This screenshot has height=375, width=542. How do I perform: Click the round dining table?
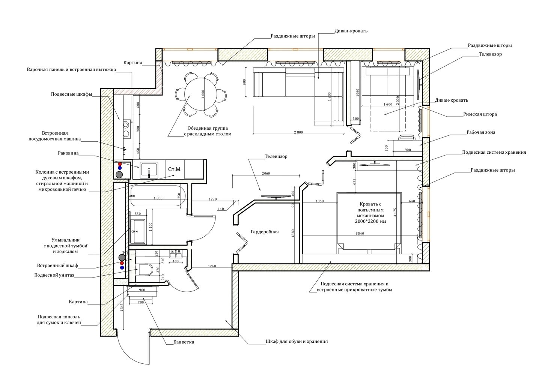tap(201, 94)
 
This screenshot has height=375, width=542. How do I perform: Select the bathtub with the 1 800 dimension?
tap(158, 195)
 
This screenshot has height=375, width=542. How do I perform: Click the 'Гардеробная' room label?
tap(265, 232)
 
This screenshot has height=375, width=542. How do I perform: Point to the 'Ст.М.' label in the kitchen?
tap(175, 169)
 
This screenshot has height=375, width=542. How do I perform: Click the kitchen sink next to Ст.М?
tap(149, 170)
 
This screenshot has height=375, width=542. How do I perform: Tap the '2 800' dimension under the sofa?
tap(298, 132)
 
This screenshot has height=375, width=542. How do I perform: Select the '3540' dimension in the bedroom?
tap(360, 233)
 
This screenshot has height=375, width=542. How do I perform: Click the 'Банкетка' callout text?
tap(184, 342)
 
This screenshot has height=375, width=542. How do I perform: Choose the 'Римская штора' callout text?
tap(480, 114)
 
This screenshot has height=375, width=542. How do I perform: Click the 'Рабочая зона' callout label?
tap(481, 132)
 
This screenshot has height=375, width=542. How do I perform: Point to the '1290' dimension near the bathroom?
tap(213, 199)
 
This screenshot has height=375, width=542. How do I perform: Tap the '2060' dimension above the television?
tap(266, 173)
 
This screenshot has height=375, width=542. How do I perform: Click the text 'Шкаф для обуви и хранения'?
tap(297, 342)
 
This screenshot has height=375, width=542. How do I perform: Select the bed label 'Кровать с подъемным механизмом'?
tap(370, 210)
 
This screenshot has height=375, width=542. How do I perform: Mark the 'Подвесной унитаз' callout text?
tap(54, 275)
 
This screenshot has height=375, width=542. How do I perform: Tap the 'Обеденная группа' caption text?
tap(208, 128)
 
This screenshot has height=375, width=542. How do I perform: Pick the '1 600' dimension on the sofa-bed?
tap(388, 105)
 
